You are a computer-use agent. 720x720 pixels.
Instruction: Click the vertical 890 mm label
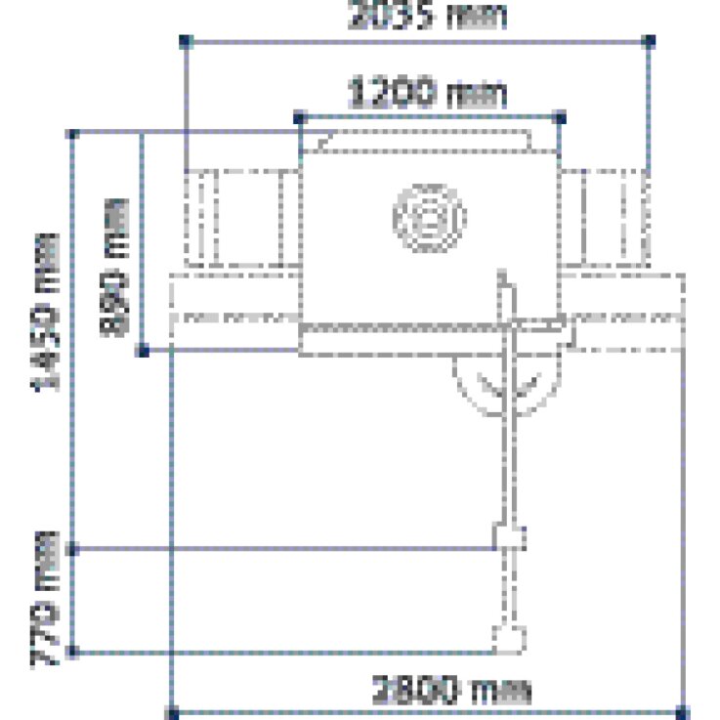tap(115, 266)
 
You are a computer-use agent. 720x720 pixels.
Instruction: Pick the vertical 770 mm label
tap(47, 598)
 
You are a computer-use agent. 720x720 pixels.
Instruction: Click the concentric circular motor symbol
tap(430, 215)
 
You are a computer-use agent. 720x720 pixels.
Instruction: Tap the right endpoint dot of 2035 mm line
tap(652, 40)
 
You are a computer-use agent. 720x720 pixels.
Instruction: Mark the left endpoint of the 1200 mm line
tap(299, 117)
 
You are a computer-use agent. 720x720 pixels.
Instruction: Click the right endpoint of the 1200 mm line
tap(560, 117)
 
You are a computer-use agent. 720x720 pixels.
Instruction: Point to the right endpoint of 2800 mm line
tap(683, 711)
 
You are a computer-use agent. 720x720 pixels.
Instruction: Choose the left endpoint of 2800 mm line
tap(174, 711)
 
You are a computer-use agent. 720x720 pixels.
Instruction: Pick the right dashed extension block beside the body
tap(606, 219)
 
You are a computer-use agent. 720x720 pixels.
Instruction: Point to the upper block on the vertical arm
tap(509, 537)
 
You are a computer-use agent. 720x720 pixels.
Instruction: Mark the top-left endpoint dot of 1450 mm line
tap(70, 132)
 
